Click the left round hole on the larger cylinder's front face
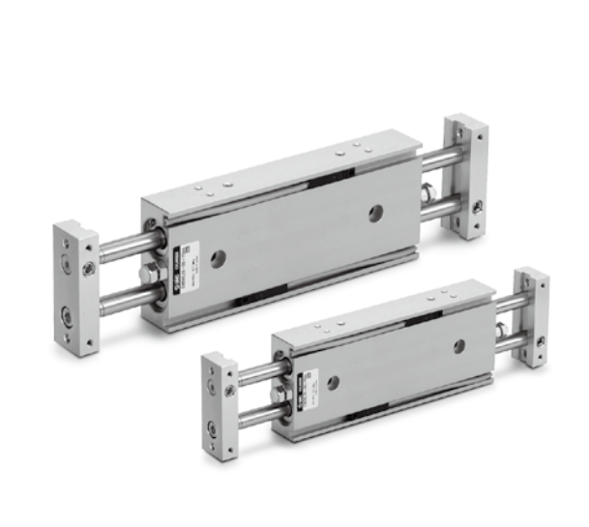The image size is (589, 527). tap(219, 258)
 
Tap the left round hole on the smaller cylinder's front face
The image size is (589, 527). tap(334, 382)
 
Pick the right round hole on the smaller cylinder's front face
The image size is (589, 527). tap(458, 345)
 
